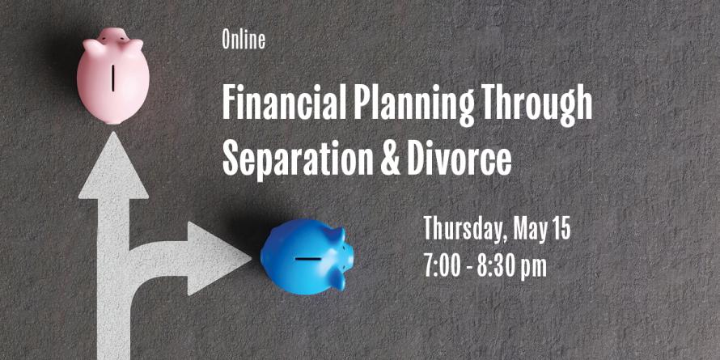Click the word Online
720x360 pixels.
[x=244, y=40]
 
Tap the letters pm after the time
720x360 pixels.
[x=533, y=268]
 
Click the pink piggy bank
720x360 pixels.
[x=113, y=76]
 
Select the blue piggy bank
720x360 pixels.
[x=307, y=256]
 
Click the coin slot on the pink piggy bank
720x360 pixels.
[x=113, y=78]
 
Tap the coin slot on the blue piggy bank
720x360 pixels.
[x=308, y=259]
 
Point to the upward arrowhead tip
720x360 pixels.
[x=112, y=132]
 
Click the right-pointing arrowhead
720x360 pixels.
[x=219, y=259]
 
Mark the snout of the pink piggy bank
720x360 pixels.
[x=112, y=34]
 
